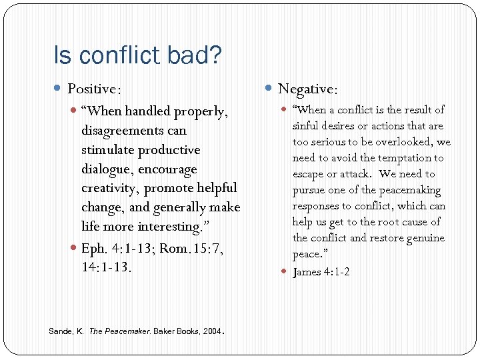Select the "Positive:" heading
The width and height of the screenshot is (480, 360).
[x=94, y=89]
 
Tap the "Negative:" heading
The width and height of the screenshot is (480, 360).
[x=307, y=89]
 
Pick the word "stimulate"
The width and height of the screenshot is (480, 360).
[x=108, y=150]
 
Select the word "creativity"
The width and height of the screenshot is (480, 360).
[x=110, y=189]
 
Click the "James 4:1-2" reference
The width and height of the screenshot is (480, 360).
[x=321, y=271]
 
